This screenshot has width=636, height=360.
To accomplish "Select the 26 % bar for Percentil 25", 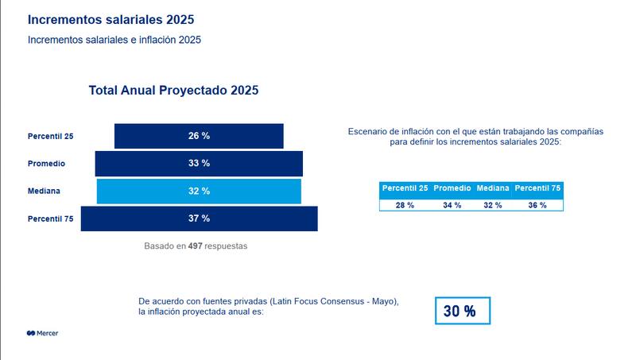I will (199, 136).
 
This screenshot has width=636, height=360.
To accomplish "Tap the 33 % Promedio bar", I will (199, 163).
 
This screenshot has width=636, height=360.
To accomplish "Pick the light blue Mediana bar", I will (199, 191).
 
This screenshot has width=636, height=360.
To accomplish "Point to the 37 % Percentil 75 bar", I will (199, 218).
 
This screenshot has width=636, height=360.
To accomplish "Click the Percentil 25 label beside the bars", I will (51, 137).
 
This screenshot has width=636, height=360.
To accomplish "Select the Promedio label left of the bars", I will (46, 164).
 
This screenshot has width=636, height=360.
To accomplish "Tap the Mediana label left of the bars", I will (44, 191).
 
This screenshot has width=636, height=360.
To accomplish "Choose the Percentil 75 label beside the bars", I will (51, 219).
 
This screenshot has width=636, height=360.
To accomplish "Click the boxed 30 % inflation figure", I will (463, 311).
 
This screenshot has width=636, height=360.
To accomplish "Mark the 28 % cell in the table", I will (405, 205).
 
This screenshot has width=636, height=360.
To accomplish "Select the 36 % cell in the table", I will (537, 205).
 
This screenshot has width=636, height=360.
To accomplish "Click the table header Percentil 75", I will (537, 188).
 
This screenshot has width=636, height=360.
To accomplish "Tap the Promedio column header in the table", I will (452, 188).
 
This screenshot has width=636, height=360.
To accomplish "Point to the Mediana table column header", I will (492, 188).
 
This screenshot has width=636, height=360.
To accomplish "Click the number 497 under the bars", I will (195, 246).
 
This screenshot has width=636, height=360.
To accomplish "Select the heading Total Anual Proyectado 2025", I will (173, 91).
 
